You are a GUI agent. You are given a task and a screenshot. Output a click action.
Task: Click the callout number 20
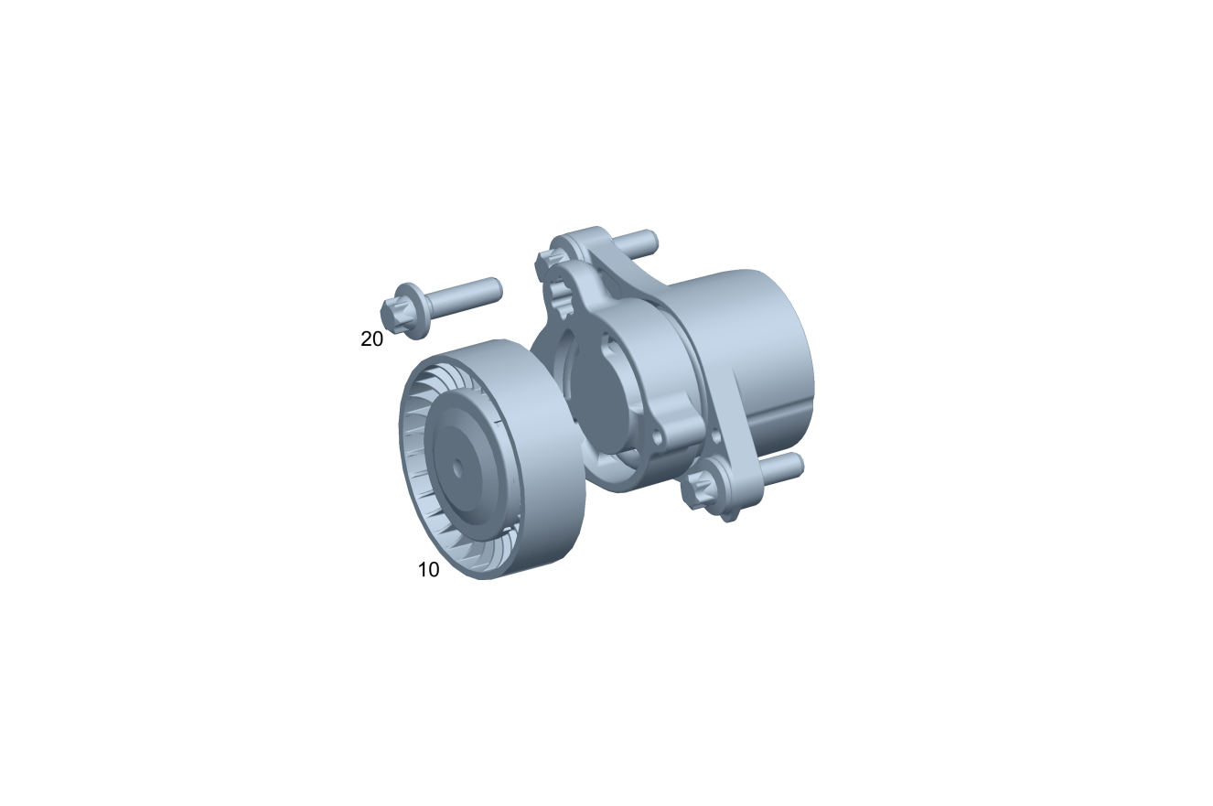click(x=371, y=339)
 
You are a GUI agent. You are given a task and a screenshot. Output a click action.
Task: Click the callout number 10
click(x=428, y=570)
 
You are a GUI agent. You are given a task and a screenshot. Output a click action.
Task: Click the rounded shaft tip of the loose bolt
click(x=497, y=289)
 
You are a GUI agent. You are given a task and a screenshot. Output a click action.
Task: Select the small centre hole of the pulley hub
click(x=457, y=468)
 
